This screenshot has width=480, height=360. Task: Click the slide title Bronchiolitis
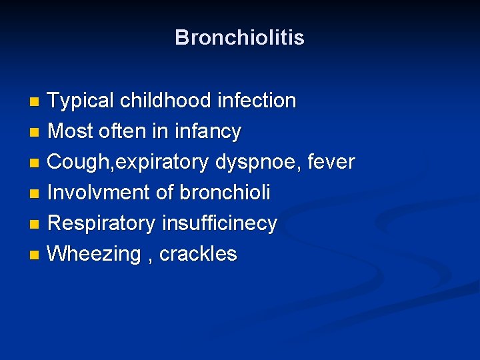pos(239,37)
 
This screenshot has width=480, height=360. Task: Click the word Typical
pos(81,101)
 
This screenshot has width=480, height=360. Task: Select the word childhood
pos(163,101)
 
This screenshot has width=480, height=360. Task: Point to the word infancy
pos(207,132)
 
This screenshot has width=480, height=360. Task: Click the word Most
pos(71,131)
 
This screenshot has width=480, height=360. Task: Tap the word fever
pos(331,162)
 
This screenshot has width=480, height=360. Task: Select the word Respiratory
pos(102,224)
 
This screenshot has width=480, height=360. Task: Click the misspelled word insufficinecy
pos(219,223)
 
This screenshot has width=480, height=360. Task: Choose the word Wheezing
pos(96,255)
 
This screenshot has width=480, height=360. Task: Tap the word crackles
pos(198,254)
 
